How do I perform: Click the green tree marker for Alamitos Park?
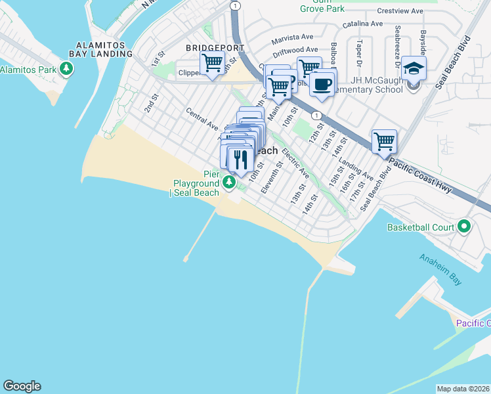(x=66, y=69)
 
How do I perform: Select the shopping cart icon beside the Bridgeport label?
(x=212, y=63)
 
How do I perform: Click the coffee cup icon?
(x=322, y=84)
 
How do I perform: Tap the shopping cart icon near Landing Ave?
(x=384, y=141)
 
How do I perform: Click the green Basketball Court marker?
(x=465, y=227)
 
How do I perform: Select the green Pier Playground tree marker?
(x=229, y=182)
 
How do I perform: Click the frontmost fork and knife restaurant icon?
(x=240, y=158)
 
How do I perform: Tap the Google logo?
(x=22, y=386)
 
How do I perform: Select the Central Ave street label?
(x=202, y=118)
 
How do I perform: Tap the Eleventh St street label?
(x=271, y=178)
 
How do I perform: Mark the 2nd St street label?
(x=152, y=103)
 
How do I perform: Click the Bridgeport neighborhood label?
(x=215, y=48)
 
